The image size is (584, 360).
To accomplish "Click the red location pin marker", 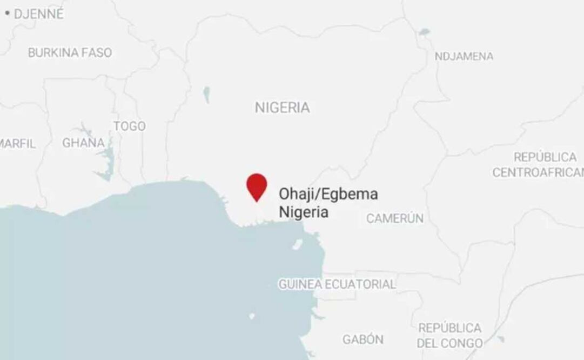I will pyautogui.click(x=257, y=185).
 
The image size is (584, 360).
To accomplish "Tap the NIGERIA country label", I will pyautogui.click(x=283, y=108).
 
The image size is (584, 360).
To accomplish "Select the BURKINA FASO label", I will pyautogui.click(x=70, y=52).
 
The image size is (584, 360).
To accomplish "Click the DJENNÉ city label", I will pyautogui.click(x=38, y=14).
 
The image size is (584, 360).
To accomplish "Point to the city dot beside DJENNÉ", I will pyautogui.click(x=8, y=13).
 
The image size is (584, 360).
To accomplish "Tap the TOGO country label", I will pyautogui.click(x=130, y=126).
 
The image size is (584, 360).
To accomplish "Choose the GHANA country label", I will pyautogui.click(x=83, y=143).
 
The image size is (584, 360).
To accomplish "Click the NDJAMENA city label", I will pyautogui.click(x=464, y=56).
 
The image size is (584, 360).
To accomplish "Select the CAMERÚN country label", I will pyautogui.click(x=395, y=218).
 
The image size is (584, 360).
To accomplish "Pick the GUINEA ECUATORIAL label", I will pyautogui.click(x=337, y=284).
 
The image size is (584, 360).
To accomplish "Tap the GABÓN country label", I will pyautogui.click(x=363, y=339).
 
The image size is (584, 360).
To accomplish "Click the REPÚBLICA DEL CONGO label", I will pyautogui.click(x=449, y=336).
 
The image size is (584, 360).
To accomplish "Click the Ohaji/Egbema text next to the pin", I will pyautogui.click(x=328, y=194).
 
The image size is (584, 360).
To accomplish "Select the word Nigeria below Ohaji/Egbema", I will pyautogui.click(x=303, y=212).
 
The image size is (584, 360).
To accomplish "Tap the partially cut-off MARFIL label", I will pyautogui.click(x=17, y=144).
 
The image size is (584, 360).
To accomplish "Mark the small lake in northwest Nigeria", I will pyautogui.click(x=206, y=95).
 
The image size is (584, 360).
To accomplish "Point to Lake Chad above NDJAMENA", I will pyautogui.click(x=424, y=32).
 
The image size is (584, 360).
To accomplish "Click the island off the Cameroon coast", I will pyautogui.click(x=297, y=244).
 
